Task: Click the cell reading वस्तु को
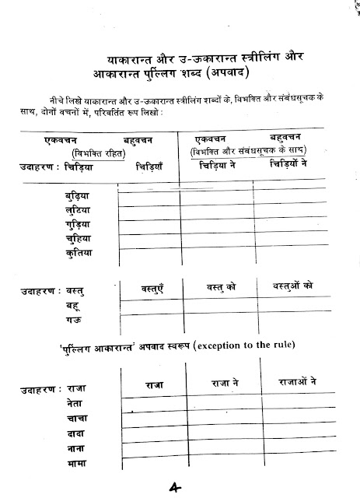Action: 221,287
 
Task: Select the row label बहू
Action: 74,306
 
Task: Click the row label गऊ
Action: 74,320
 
